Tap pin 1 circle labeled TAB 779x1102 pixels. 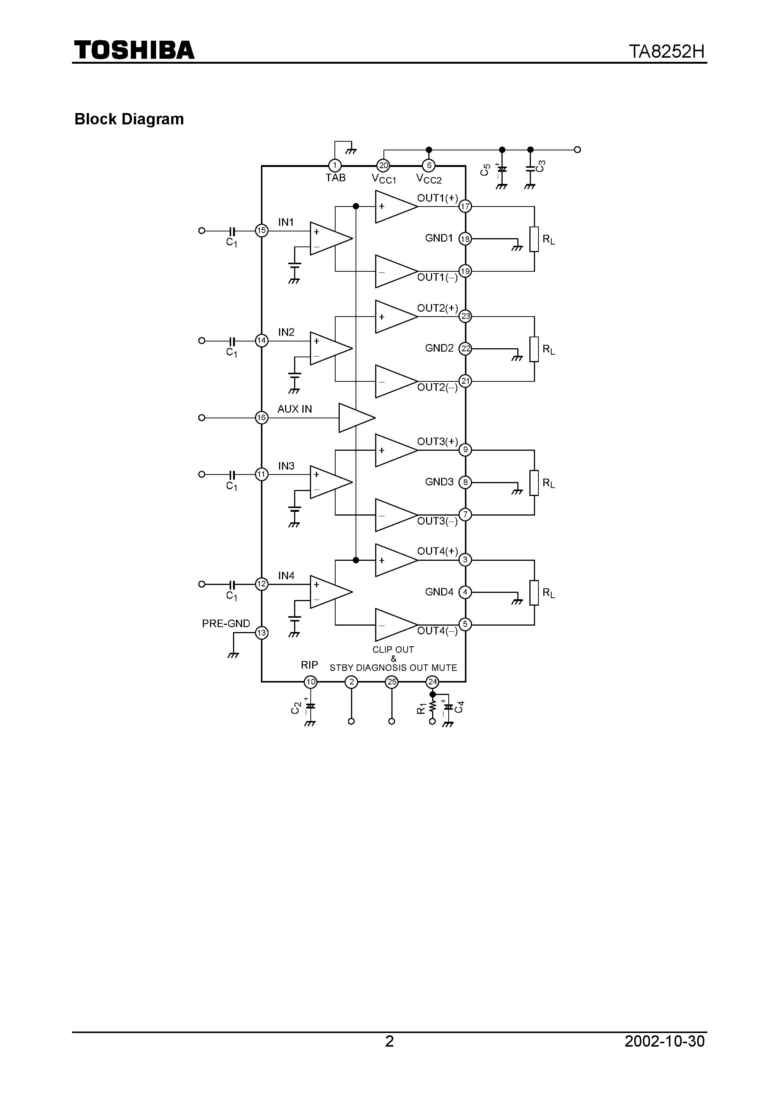[x=335, y=165]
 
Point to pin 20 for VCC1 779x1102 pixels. [x=383, y=165]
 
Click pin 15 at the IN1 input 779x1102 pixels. [x=261, y=230]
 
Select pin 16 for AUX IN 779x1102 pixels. [x=261, y=418]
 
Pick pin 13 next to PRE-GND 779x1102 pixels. [x=261, y=632]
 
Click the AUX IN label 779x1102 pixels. [x=294, y=409]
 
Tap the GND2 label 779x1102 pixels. [x=439, y=348]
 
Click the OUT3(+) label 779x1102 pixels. [x=437, y=441]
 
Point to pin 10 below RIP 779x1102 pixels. [x=311, y=681]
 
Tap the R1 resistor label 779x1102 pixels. [x=421, y=708]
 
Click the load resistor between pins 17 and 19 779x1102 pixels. [x=534, y=239]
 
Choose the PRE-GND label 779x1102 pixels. [x=226, y=623]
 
